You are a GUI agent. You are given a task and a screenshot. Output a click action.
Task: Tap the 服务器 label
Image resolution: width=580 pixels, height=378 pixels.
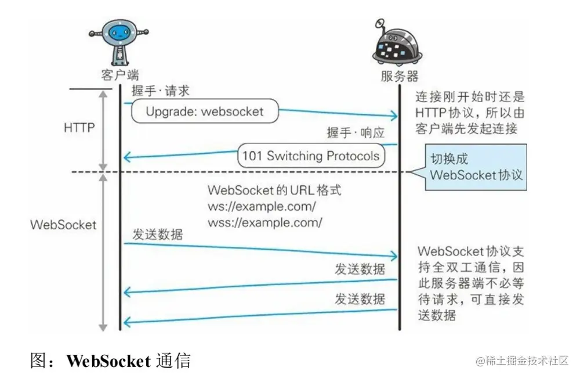click(x=399, y=75)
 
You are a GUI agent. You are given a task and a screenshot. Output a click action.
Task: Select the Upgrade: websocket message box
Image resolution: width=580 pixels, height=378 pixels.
click(x=204, y=111)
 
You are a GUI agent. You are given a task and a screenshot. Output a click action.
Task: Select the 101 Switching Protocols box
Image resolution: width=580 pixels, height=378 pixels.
click(x=310, y=156)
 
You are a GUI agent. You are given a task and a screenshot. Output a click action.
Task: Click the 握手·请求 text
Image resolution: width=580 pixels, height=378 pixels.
click(x=161, y=91)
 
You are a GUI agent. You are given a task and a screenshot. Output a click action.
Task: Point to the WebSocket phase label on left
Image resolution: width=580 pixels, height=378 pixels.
click(x=63, y=225)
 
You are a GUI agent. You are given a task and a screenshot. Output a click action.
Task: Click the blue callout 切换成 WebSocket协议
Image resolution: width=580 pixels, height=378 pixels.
click(x=475, y=167)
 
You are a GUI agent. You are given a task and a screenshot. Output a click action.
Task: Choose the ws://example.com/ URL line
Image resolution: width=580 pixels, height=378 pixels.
click(x=262, y=206)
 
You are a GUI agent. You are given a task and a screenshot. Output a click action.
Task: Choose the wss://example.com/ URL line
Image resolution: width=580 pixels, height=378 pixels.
click(x=264, y=222)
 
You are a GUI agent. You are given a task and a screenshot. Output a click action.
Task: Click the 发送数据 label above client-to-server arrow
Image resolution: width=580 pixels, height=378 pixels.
click(x=157, y=235)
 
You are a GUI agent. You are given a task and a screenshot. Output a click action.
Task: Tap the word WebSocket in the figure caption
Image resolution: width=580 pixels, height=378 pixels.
click(x=108, y=361)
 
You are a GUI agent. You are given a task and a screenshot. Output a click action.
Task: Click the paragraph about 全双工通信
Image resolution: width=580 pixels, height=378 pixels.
click(x=470, y=284)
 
